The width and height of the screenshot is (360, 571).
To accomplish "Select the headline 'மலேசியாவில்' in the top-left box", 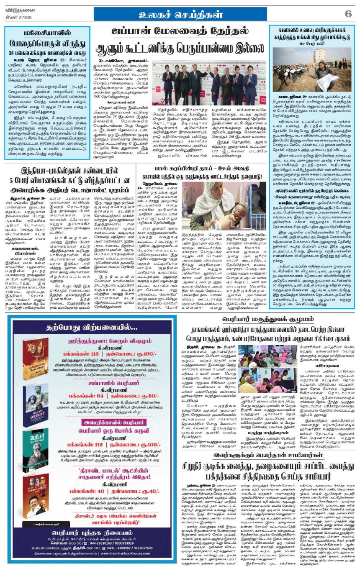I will point(47,33).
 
